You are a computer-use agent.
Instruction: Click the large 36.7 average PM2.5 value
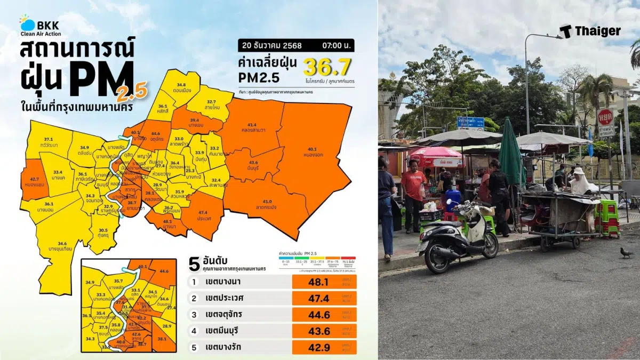click(327, 67)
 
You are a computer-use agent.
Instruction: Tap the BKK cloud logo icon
click(27, 24)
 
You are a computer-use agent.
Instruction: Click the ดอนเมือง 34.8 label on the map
click(181, 88)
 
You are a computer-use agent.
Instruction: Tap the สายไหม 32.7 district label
click(211, 104)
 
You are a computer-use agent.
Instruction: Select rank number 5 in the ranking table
click(196, 347)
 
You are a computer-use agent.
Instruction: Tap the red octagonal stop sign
click(605, 117)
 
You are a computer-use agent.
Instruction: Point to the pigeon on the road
click(626, 252)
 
